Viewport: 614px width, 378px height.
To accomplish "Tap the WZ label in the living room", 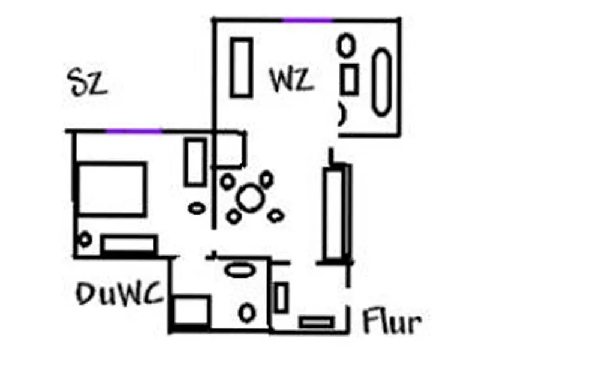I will click(x=291, y=80).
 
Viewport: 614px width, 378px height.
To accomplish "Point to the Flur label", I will click(x=392, y=322).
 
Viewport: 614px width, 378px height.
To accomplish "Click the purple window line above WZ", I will click(x=308, y=20).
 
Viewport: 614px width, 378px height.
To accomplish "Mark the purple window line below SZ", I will click(x=134, y=131).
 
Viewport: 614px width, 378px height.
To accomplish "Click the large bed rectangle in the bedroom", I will click(x=112, y=188).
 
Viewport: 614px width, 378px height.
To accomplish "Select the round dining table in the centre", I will click(x=251, y=197).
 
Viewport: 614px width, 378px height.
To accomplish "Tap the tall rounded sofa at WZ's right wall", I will click(x=381, y=82).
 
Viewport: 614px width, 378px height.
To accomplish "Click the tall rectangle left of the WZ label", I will click(x=241, y=67).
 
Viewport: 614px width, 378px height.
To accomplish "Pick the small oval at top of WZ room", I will click(x=345, y=44).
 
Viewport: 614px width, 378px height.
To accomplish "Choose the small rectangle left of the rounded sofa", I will click(x=349, y=79).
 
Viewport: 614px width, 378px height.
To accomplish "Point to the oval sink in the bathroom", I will click(x=239, y=269).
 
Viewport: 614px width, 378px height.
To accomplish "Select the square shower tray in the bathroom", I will click(x=191, y=311).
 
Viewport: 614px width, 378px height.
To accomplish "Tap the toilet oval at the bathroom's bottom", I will click(x=246, y=313).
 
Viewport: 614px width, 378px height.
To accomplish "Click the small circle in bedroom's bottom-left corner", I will click(x=85, y=239).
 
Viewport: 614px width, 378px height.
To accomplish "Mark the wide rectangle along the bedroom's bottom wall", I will click(x=128, y=245).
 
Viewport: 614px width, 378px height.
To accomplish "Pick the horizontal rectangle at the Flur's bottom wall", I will click(x=316, y=323).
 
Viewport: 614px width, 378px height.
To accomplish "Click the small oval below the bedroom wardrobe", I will click(x=196, y=208).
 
